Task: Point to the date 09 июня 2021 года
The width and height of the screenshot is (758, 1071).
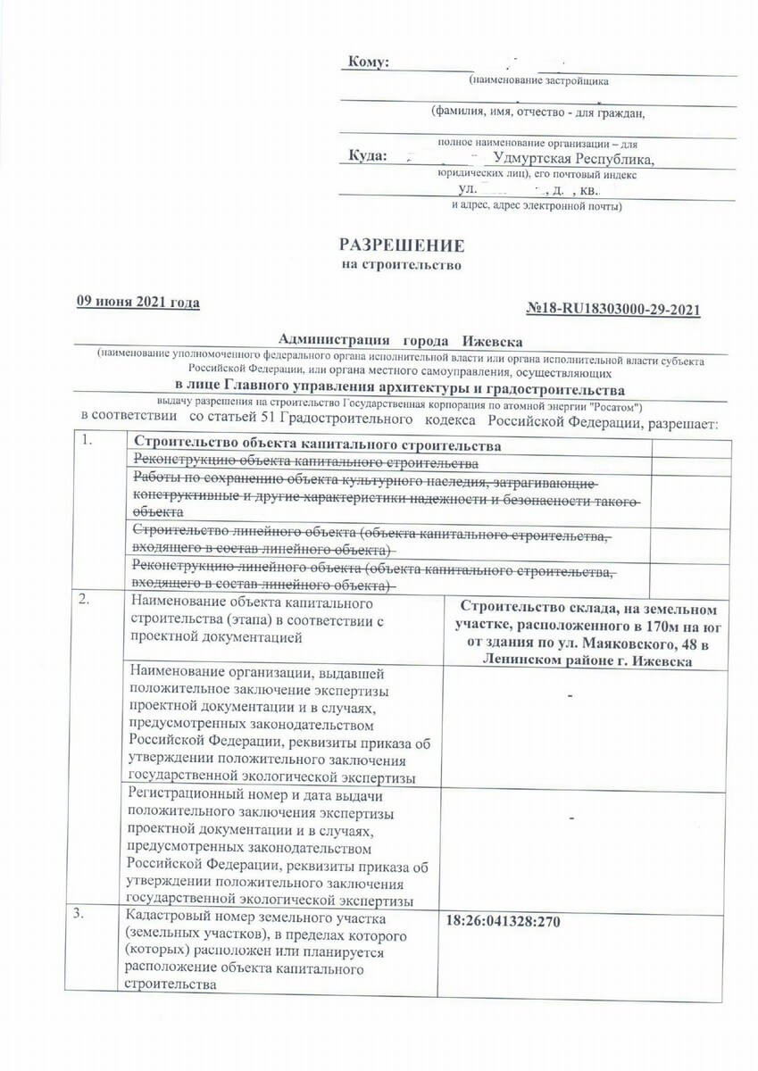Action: point(137,303)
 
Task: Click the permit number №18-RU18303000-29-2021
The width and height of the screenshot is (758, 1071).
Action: point(613,310)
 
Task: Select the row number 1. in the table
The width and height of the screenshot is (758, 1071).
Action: point(86,441)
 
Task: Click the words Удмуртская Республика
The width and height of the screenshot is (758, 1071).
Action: point(573,159)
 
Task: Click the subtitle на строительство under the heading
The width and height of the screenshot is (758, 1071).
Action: point(402,266)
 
